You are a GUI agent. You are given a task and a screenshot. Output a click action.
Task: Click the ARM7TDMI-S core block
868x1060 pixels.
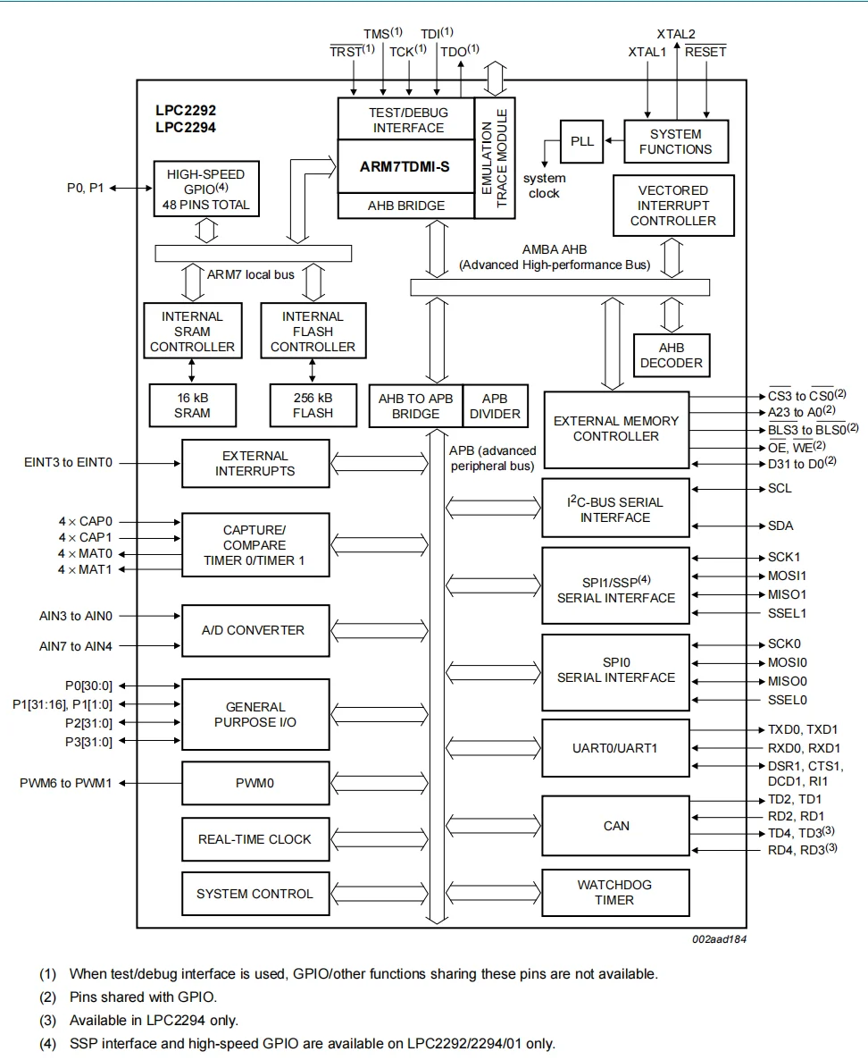coord(405,165)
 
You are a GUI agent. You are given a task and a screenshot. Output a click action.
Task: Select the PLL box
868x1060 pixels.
coord(581,141)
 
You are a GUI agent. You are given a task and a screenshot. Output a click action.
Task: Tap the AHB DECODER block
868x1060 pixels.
coord(671,356)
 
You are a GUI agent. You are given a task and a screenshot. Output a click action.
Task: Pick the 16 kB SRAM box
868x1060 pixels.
coord(192,405)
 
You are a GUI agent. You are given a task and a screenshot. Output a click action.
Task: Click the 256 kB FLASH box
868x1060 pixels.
coord(313,405)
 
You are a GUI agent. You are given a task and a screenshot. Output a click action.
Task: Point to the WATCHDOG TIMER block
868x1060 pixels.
coord(615,892)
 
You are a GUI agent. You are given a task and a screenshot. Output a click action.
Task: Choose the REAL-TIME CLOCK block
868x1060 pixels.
coord(255,839)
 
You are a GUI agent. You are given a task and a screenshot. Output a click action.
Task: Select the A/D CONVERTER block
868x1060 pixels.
coord(255,630)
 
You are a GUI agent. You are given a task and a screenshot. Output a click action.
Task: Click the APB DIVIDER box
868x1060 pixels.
coord(495,406)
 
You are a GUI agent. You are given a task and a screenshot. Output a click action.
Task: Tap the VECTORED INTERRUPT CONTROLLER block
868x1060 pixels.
coord(673,206)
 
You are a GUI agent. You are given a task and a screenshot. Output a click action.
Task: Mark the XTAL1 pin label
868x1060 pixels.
coord(647,52)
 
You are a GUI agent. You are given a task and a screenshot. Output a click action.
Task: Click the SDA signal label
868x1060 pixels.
coord(780,526)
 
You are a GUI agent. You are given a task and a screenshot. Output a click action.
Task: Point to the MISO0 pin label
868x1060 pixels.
coord(788,681)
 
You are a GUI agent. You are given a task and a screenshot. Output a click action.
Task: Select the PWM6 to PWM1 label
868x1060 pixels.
coord(66,783)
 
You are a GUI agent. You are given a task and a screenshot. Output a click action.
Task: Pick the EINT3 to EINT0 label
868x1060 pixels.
coord(68,463)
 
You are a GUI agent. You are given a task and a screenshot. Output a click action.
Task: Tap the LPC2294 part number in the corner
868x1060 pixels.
coord(185,127)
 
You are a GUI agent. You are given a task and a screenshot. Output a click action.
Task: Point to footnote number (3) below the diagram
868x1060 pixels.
coord(47,1020)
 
